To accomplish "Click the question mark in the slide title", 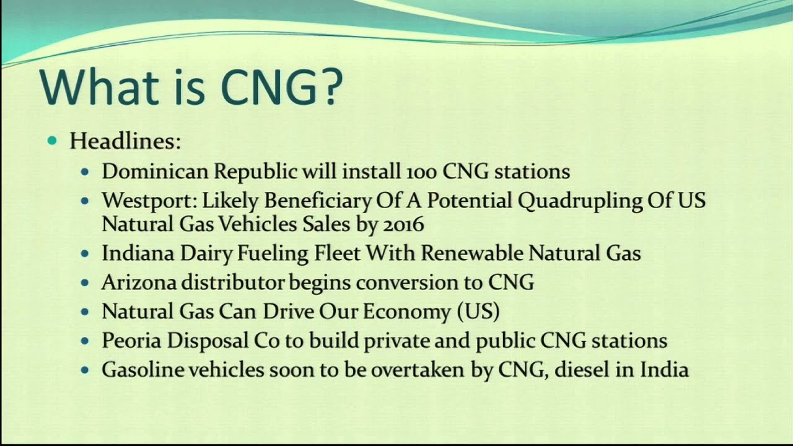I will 327,87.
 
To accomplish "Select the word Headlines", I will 125,141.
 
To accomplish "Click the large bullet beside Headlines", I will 52,141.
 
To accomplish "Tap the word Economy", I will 406,312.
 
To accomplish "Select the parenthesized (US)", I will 478,312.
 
